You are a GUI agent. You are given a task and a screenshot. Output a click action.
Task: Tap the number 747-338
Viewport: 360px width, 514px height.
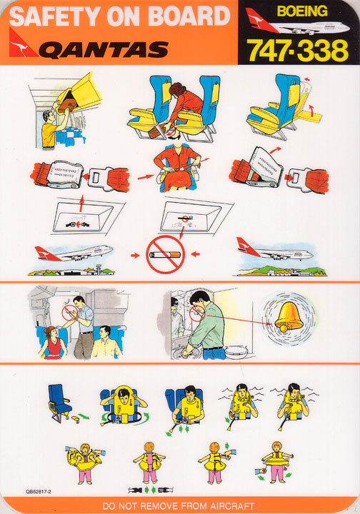point(297,50)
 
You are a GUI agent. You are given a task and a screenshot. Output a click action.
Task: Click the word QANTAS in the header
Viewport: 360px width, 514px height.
point(104,49)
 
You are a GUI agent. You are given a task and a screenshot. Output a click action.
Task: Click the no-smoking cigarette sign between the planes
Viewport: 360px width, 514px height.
point(165,253)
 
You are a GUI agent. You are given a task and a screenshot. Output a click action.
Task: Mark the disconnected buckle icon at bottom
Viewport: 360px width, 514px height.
point(149,490)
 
